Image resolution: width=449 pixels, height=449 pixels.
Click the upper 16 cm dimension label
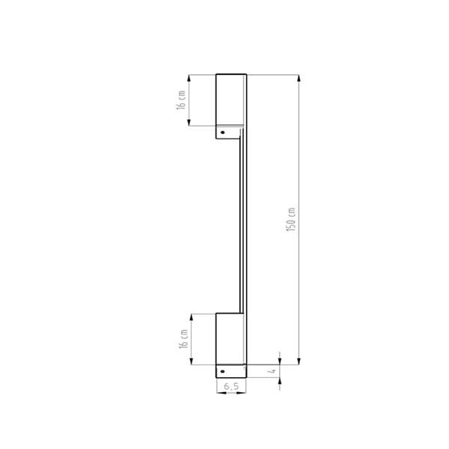point(180,100)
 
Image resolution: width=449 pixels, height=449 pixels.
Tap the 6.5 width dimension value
point(230,386)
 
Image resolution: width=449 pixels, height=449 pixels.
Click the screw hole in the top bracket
point(222,132)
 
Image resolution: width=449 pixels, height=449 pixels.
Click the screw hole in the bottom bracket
point(222,371)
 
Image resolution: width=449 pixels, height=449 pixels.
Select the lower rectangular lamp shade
point(230,339)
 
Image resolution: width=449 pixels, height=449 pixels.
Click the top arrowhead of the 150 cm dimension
point(299,76)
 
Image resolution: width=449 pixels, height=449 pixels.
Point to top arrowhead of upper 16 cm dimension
point(189,76)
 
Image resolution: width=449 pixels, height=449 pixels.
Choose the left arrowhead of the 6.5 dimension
point(218,394)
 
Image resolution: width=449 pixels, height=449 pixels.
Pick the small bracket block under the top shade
point(229,132)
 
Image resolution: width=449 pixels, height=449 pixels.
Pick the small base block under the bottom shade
point(231,372)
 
